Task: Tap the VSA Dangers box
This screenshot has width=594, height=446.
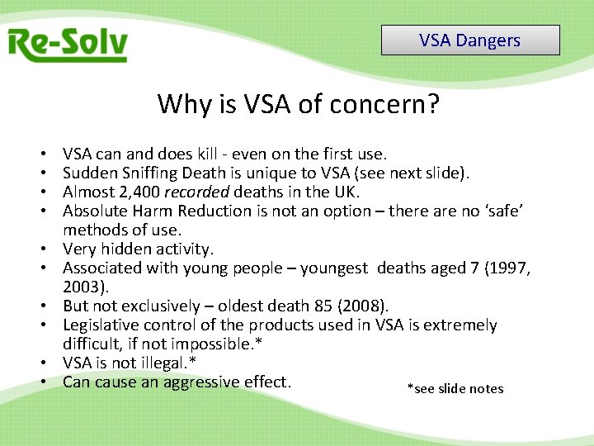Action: point(470,40)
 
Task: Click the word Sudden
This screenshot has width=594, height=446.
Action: point(88,173)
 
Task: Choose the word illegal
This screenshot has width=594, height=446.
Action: point(158,363)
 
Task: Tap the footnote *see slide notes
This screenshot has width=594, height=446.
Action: point(455,388)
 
